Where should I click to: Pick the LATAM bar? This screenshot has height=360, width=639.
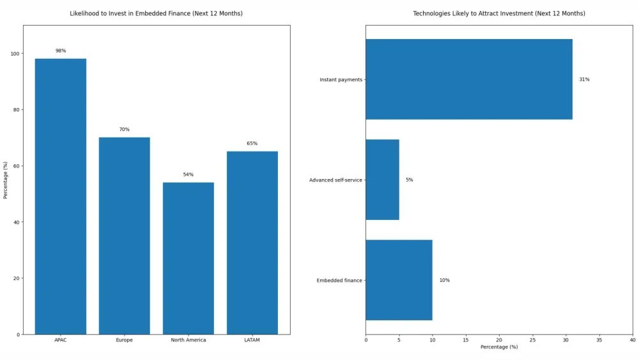coord(252,242)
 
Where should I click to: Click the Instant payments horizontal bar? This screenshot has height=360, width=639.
coord(468,79)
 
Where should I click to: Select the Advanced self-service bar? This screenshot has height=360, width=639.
coord(382,180)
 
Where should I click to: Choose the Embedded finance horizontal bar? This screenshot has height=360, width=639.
coord(399,280)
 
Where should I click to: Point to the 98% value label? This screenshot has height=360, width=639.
coord(61,51)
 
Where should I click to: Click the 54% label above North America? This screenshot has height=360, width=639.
coord(189,175)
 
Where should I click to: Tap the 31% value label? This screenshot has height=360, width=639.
coord(584,79)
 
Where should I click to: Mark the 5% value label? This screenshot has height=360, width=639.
coord(409,180)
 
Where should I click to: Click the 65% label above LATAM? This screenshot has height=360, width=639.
coord(252,143)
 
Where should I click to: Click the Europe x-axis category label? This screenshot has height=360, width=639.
coord(125,340)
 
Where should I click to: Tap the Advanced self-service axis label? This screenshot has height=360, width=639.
coord(335,180)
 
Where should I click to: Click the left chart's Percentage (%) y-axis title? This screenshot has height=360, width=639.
coord(5,180)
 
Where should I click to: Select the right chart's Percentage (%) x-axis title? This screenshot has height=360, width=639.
coord(499,347)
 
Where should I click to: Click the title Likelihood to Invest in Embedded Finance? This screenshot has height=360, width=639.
coord(156,13)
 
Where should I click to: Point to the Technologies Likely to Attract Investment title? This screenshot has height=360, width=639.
coord(499,13)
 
